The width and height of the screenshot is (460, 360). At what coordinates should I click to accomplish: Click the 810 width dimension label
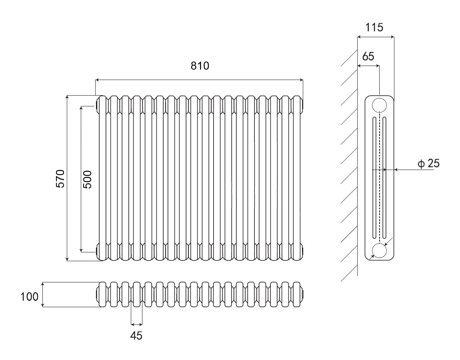(x=200, y=66)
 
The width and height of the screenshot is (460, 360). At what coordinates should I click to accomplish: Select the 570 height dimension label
(x=60, y=178)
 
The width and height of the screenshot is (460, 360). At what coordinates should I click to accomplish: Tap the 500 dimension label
(x=87, y=179)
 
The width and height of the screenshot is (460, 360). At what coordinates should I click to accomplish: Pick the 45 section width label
(x=136, y=335)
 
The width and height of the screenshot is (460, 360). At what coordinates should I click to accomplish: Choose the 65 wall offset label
(x=368, y=56)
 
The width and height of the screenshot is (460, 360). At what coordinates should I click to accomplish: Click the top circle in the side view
(x=379, y=105)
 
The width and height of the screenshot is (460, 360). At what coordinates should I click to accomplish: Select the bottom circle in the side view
(x=379, y=251)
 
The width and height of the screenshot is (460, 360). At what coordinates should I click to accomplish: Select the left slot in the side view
(x=374, y=178)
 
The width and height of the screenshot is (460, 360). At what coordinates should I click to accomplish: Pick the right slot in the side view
(x=384, y=178)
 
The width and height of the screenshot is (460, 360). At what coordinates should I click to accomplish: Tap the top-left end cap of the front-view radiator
(x=97, y=106)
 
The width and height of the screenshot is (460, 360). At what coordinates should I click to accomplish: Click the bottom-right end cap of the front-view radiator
(x=303, y=251)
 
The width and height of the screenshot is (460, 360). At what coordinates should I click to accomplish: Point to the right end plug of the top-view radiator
(x=304, y=295)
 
